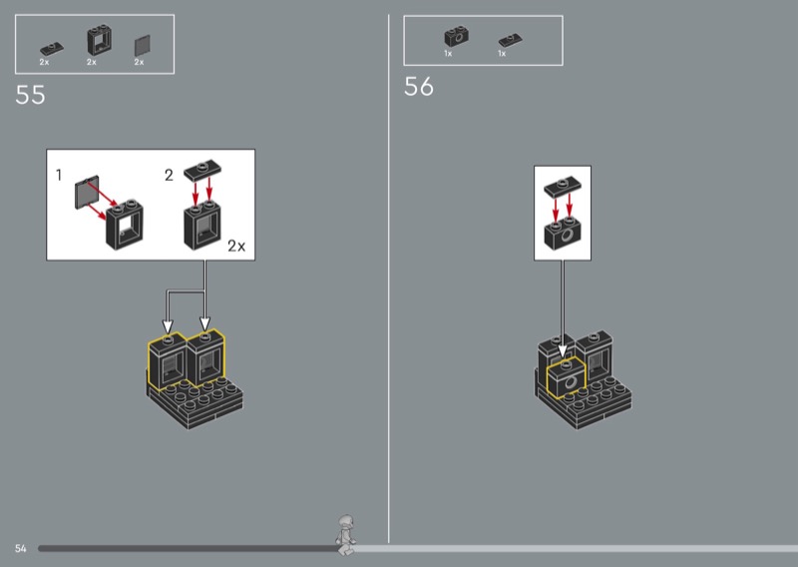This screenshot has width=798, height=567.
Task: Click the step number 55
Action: [31, 95]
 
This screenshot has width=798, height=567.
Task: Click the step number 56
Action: [419, 87]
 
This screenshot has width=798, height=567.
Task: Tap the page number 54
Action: [20, 548]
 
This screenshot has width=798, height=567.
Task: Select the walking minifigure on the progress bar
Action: [346, 535]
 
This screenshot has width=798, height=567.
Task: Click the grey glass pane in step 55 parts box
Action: [143, 46]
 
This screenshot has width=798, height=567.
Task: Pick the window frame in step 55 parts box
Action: [99, 40]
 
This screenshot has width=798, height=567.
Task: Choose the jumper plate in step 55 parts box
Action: [52, 49]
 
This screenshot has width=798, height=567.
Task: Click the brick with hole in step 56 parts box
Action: [457, 37]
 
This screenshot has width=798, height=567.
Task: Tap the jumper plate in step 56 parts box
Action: [511, 40]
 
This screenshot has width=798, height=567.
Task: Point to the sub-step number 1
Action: [59, 176]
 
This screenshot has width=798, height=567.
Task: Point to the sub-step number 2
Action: [169, 176]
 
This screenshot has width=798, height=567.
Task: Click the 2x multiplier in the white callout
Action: [236, 246]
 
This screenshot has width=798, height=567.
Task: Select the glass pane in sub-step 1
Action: [87, 192]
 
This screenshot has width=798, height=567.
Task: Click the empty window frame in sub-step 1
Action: [125, 225]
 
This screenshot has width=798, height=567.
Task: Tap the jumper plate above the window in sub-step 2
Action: [202, 171]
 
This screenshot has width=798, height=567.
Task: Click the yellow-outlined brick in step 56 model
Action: [566, 378]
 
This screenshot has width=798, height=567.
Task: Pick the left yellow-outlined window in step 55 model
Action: [168, 362]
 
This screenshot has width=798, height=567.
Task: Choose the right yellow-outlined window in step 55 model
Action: [205, 358]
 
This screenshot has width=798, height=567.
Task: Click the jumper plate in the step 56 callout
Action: [563, 187]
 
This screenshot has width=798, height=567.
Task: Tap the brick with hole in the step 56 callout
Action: [563, 234]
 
